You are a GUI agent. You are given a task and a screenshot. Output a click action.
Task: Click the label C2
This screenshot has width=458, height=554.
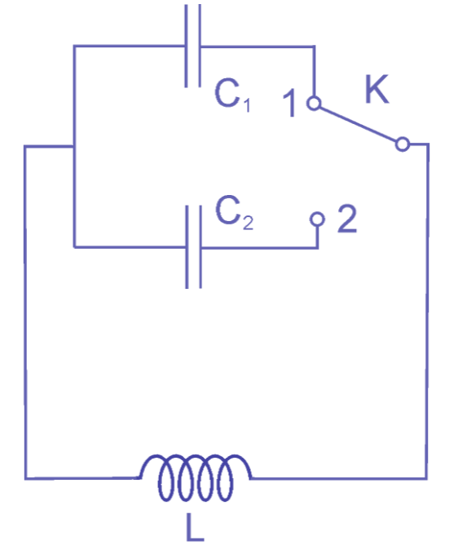[234, 212]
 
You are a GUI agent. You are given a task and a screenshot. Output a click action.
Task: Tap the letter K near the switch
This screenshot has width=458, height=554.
[377, 89]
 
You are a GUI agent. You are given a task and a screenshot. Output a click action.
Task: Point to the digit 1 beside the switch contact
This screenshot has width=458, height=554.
[290, 103]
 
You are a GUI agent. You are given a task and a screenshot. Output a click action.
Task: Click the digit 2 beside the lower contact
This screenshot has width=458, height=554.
[347, 219]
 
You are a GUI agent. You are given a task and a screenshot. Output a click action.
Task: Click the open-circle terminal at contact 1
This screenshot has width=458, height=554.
[314, 104]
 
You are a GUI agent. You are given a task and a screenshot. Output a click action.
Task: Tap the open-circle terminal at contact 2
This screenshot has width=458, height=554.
[317, 219]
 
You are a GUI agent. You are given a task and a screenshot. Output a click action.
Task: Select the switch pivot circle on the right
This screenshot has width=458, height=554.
[403, 144]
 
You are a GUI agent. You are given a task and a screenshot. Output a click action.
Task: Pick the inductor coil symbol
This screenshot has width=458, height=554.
[196, 478]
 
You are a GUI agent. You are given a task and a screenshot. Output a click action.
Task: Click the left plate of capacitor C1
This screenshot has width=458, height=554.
[187, 46]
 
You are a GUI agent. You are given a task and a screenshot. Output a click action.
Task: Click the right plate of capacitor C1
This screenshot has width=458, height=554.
[200, 46]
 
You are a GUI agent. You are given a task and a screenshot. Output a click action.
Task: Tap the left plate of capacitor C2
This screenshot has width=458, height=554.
[187, 247]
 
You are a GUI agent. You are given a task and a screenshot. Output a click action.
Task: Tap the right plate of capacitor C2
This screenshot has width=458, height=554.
[200, 247]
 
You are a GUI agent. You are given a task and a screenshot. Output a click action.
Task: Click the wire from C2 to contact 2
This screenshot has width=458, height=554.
[259, 248]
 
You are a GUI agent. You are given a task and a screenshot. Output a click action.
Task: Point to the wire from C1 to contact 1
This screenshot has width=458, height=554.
[258, 47]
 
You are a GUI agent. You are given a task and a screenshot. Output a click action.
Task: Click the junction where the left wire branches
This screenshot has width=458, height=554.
[73, 146]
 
